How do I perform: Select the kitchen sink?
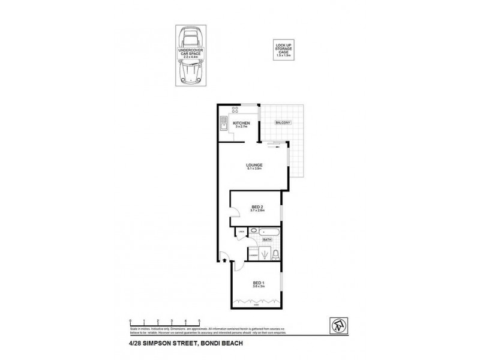click(222, 127)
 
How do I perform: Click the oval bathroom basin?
click(254, 230)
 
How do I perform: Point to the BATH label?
click(268, 240)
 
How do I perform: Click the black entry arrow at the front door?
click(224, 260)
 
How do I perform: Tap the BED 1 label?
click(257, 284)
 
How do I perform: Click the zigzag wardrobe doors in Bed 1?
click(257, 301)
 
